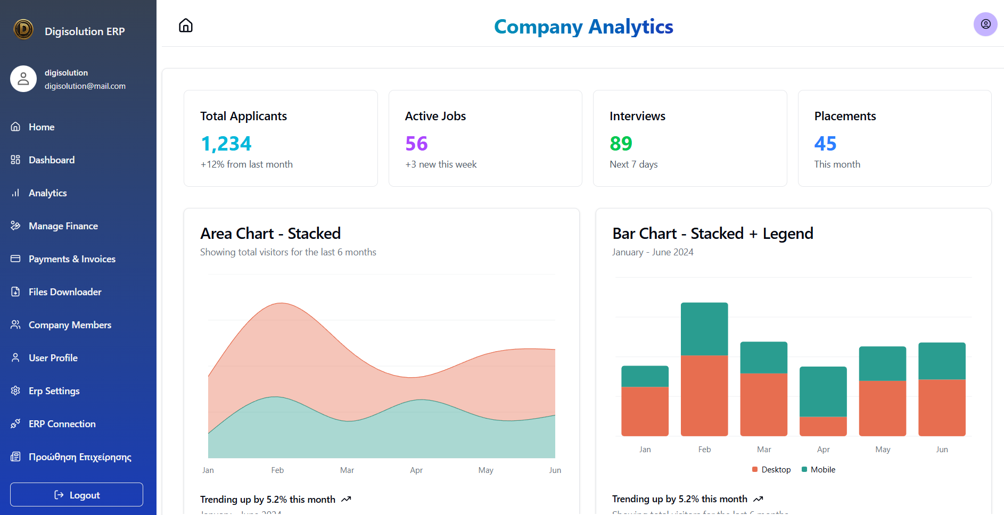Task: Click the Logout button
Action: [x=77, y=495]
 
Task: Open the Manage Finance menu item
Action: [x=63, y=226]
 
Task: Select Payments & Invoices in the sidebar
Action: [x=72, y=259]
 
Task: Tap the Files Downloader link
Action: [x=64, y=292]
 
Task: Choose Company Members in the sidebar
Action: [x=70, y=325]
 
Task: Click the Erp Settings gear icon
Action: [x=15, y=391]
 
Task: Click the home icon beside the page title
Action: [x=186, y=26]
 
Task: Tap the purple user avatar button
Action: [x=985, y=24]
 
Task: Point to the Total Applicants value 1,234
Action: [x=226, y=144]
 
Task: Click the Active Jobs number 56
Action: [x=416, y=144]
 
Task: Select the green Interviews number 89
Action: [x=621, y=144]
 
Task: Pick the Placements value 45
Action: [x=825, y=144]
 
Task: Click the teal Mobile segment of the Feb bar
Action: [x=704, y=329]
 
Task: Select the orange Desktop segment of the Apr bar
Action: [x=823, y=426]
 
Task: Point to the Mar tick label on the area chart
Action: [x=347, y=470]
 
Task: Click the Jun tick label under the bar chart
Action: [x=942, y=450]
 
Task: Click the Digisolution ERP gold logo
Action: [x=23, y=29]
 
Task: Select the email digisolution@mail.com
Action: [x=85, y=86]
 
